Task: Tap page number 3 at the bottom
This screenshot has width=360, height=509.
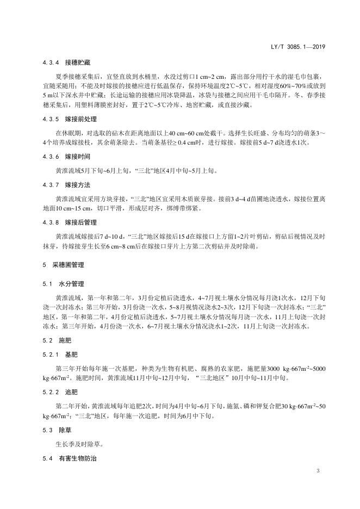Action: point(318,469)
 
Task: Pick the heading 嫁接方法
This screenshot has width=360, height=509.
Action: point(78,184)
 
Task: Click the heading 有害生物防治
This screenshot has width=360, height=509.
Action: point(78,458)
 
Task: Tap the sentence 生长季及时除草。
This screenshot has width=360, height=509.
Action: point(80,444)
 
